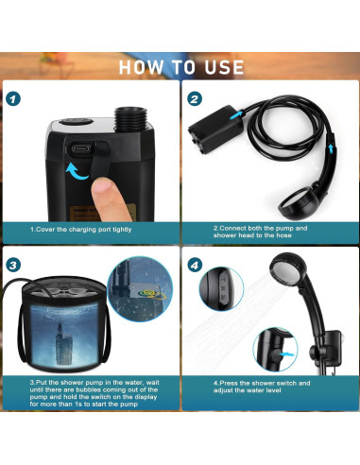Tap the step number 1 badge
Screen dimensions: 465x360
pyautogui.click(x=12, y=98)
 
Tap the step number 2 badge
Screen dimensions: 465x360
pyautogui.click(x=194, y=98)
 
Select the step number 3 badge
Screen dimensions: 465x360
pyautogui.click(x=12, y=267)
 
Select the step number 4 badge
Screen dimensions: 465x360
pyautogui.click(x=194, y=267)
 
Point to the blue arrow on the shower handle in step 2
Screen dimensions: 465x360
pyautogui.click(x=329, y=143)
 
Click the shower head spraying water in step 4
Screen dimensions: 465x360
pyautogui.click(x=289, y=284)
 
